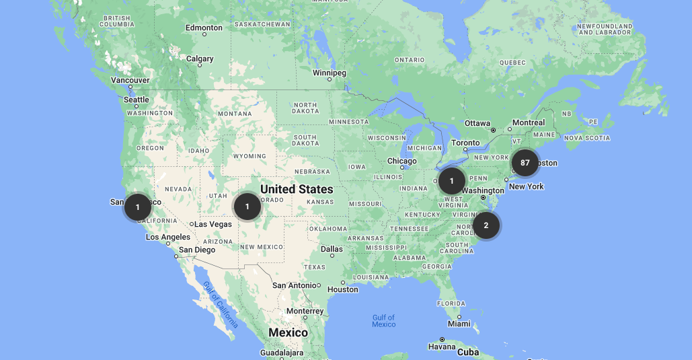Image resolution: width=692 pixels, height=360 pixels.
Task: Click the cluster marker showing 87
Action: tap(525, 163)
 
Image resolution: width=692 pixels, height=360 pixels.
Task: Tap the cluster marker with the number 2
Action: tap(486, 225)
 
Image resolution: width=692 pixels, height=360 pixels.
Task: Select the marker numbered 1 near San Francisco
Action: tap(138, 207)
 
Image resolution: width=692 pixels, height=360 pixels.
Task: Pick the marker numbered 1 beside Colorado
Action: tap(247, 206)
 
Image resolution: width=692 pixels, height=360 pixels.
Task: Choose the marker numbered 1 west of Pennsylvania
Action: tap(452, 180)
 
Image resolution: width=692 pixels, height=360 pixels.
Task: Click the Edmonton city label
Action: tap(204, 28)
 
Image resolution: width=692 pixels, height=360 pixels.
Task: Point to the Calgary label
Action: tap(200, 59)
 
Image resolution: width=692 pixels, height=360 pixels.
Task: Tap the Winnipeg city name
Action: tap(330, 72)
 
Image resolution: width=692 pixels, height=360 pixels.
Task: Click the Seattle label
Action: tap(136, 100)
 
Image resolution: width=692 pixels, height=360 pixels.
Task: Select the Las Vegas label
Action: tap(213, 224)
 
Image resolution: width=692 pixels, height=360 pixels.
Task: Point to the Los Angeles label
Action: tap(168, 237)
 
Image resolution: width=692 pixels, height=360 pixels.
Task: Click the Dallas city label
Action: tap(332, 249)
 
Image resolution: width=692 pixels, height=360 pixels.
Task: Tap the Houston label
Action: tap(343, 289)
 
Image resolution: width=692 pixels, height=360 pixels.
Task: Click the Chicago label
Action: tap(402, 161)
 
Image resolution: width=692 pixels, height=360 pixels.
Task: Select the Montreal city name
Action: tap(529, 122)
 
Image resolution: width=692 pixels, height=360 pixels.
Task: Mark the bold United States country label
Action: tap(297, 189)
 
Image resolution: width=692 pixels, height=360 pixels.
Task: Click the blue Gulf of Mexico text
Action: tap(384, 321)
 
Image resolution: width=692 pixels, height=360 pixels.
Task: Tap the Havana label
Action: tap(442, 347)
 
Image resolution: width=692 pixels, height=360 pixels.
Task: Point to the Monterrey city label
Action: tap(305, 311)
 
